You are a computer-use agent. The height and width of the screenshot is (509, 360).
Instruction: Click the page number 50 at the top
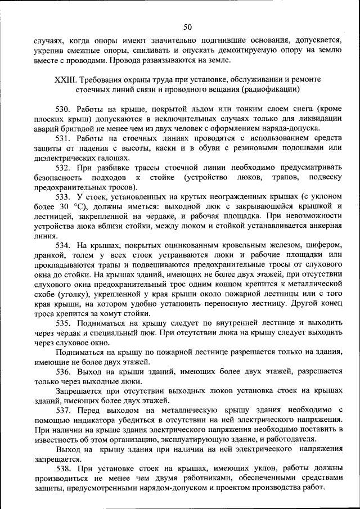[187, 26]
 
